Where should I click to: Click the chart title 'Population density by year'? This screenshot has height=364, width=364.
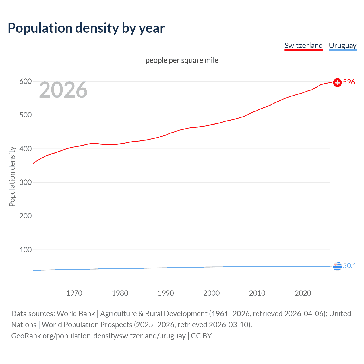86,28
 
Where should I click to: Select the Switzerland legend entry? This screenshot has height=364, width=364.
303,45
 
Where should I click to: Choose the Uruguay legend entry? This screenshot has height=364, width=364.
342,45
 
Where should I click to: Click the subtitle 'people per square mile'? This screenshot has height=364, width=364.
182,60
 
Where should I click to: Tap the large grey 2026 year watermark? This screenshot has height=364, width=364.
63,90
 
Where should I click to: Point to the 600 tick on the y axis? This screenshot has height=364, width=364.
25,82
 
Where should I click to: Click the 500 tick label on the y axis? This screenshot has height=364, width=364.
25,115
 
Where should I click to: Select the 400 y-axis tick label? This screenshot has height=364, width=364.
25,149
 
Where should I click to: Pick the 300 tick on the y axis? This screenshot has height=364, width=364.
25,182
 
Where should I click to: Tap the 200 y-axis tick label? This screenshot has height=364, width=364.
25,216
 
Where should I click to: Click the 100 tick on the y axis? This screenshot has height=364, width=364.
25,250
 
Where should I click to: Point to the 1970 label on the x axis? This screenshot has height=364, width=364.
74,293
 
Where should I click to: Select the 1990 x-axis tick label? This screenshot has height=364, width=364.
166,293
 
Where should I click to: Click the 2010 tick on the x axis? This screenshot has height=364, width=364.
257,293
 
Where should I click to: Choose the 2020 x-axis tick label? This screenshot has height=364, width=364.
303,293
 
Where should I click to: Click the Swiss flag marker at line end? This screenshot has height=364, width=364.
337,82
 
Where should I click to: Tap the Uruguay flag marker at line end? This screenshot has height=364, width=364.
337,266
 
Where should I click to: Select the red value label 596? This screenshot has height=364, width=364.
349,82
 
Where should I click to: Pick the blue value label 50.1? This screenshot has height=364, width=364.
349,266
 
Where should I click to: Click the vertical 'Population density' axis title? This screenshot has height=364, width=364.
12,176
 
